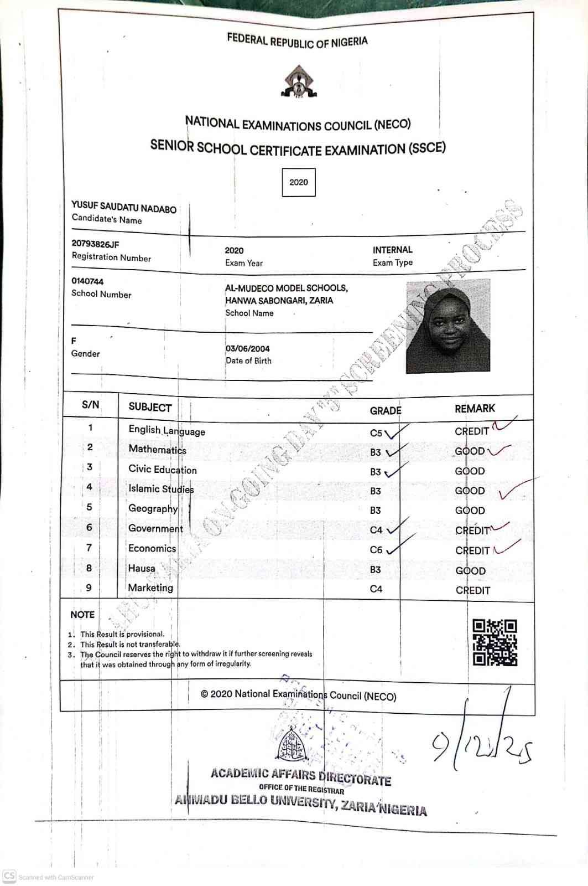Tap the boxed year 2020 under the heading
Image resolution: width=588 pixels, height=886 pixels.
point(299,182)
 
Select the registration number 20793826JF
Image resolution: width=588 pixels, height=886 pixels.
point(95,244)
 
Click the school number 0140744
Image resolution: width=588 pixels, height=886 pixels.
point(87,281)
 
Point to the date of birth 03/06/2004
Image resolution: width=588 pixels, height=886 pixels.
point(248,349)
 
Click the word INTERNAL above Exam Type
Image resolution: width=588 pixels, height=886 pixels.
point(392,250)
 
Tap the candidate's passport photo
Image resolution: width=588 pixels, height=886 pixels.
point(448,326)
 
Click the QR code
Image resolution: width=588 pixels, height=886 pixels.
point(495,642)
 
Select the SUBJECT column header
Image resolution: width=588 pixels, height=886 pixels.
point(150,407)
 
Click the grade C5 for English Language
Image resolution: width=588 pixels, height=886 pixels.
point(376,433)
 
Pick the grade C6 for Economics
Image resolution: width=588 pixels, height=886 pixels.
point(376,550)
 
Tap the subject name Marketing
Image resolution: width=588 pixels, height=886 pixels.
point(150,588)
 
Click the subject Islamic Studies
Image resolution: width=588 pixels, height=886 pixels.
point(161,488)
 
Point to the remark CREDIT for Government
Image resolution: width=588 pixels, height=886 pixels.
point(472,530)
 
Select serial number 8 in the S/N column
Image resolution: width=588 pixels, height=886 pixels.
point(89,568)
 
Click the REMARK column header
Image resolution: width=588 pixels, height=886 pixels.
point(475,409)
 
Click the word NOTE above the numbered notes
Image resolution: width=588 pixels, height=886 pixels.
point(82,615)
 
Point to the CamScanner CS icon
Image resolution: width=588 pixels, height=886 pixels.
point(9,876)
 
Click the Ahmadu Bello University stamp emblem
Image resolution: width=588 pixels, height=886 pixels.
point(291,745)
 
